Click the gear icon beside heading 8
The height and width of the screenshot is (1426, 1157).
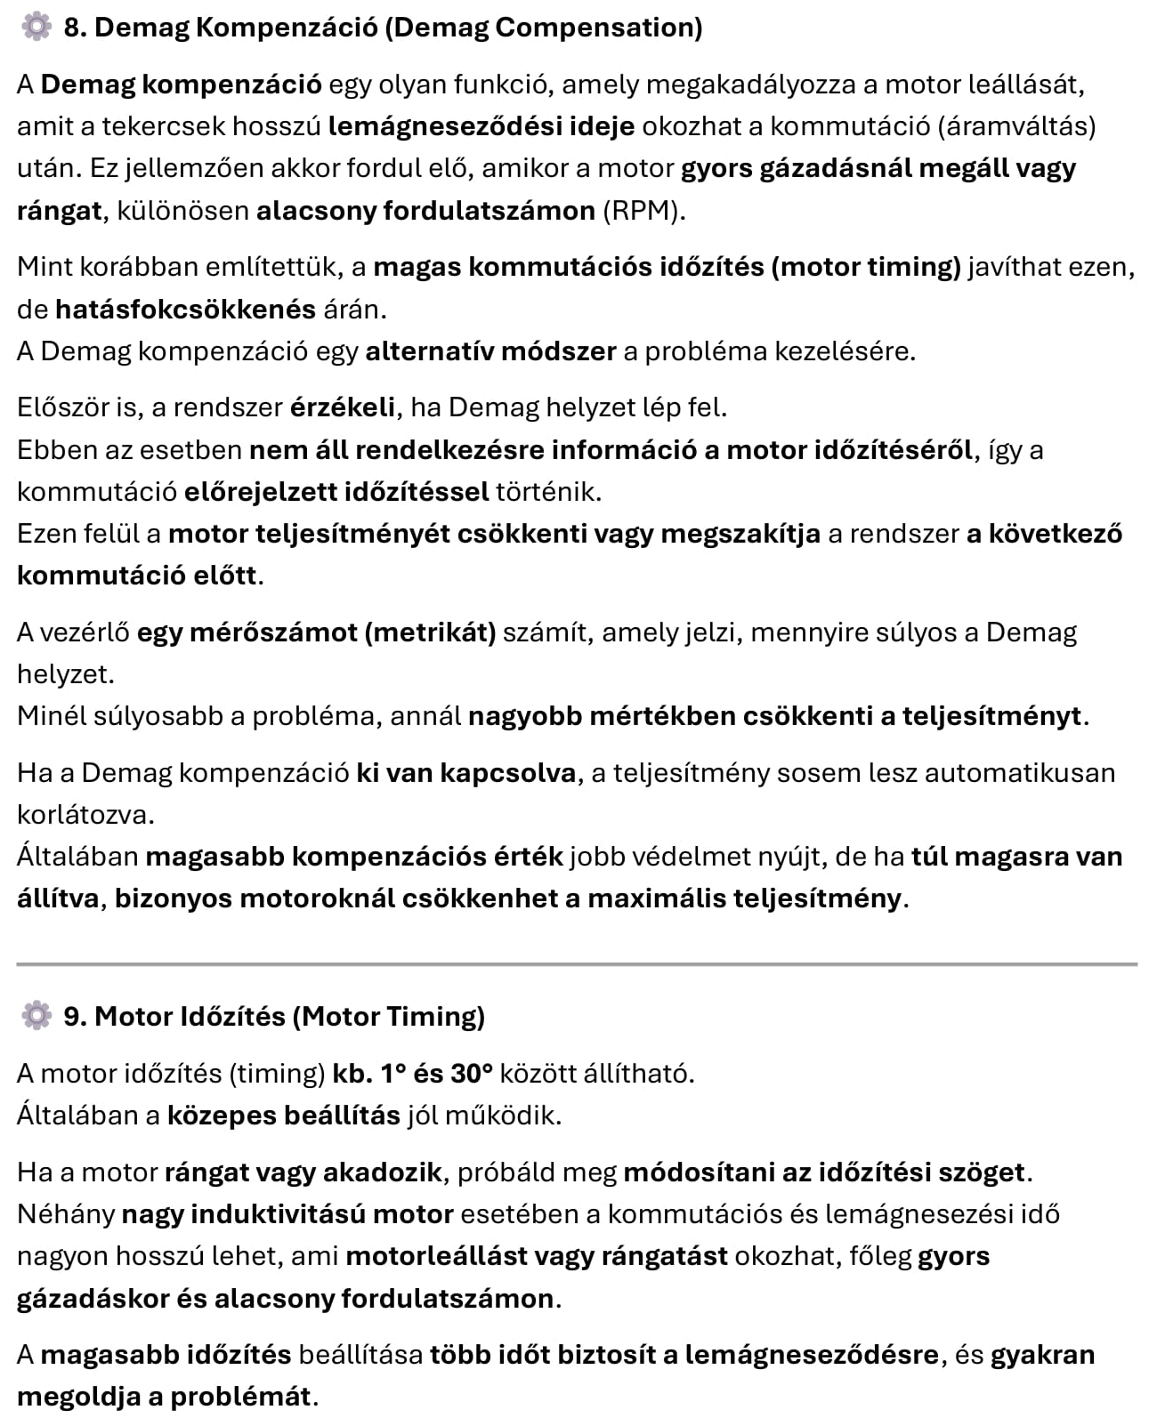tap(36, 28)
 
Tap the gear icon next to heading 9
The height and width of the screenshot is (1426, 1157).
tap(36, 1015)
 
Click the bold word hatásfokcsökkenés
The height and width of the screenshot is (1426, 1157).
tap(185, 310)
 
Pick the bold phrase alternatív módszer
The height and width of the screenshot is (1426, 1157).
tap(490, 351)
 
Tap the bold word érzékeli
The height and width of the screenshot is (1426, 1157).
tap(343, 407)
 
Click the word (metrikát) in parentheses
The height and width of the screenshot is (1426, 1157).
tap(430, 632)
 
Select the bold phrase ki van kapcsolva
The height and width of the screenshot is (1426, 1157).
tap(466, 773)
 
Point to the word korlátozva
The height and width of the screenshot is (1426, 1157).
tap(85, 815)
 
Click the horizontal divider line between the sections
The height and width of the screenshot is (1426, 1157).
tap(577, 963)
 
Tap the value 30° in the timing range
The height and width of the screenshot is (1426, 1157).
tap(472, 1074)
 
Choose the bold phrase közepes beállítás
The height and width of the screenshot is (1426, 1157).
tap(284, 1116)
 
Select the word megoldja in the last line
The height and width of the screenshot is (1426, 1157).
tap(78, 1397)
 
